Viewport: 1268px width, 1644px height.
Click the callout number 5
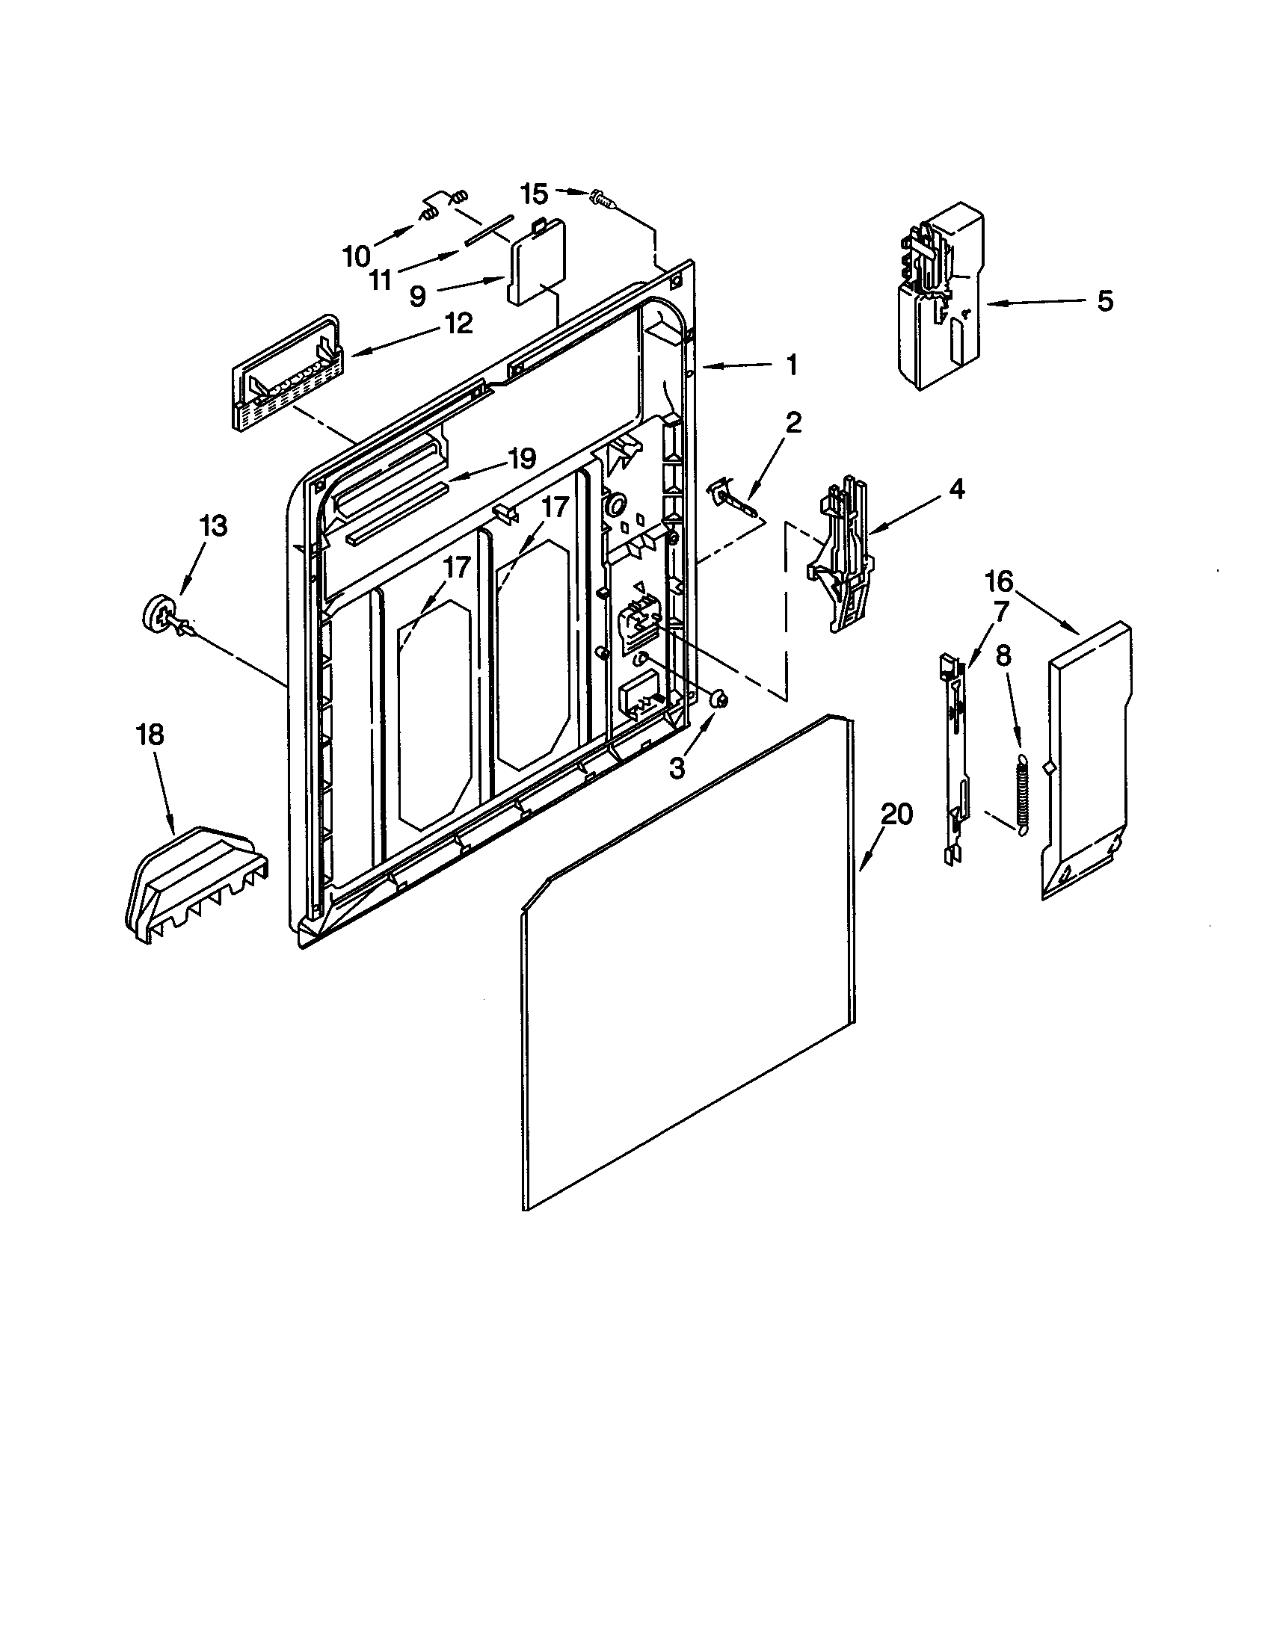point(1104,301)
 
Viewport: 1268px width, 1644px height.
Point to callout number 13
point(214,526)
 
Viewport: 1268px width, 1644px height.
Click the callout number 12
point(458,324)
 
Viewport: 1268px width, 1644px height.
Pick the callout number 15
point(535,194)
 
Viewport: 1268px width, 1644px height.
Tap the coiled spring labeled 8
point(1021,794)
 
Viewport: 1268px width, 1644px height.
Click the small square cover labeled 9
point(537,264)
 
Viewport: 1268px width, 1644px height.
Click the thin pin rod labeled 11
point(487,229)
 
